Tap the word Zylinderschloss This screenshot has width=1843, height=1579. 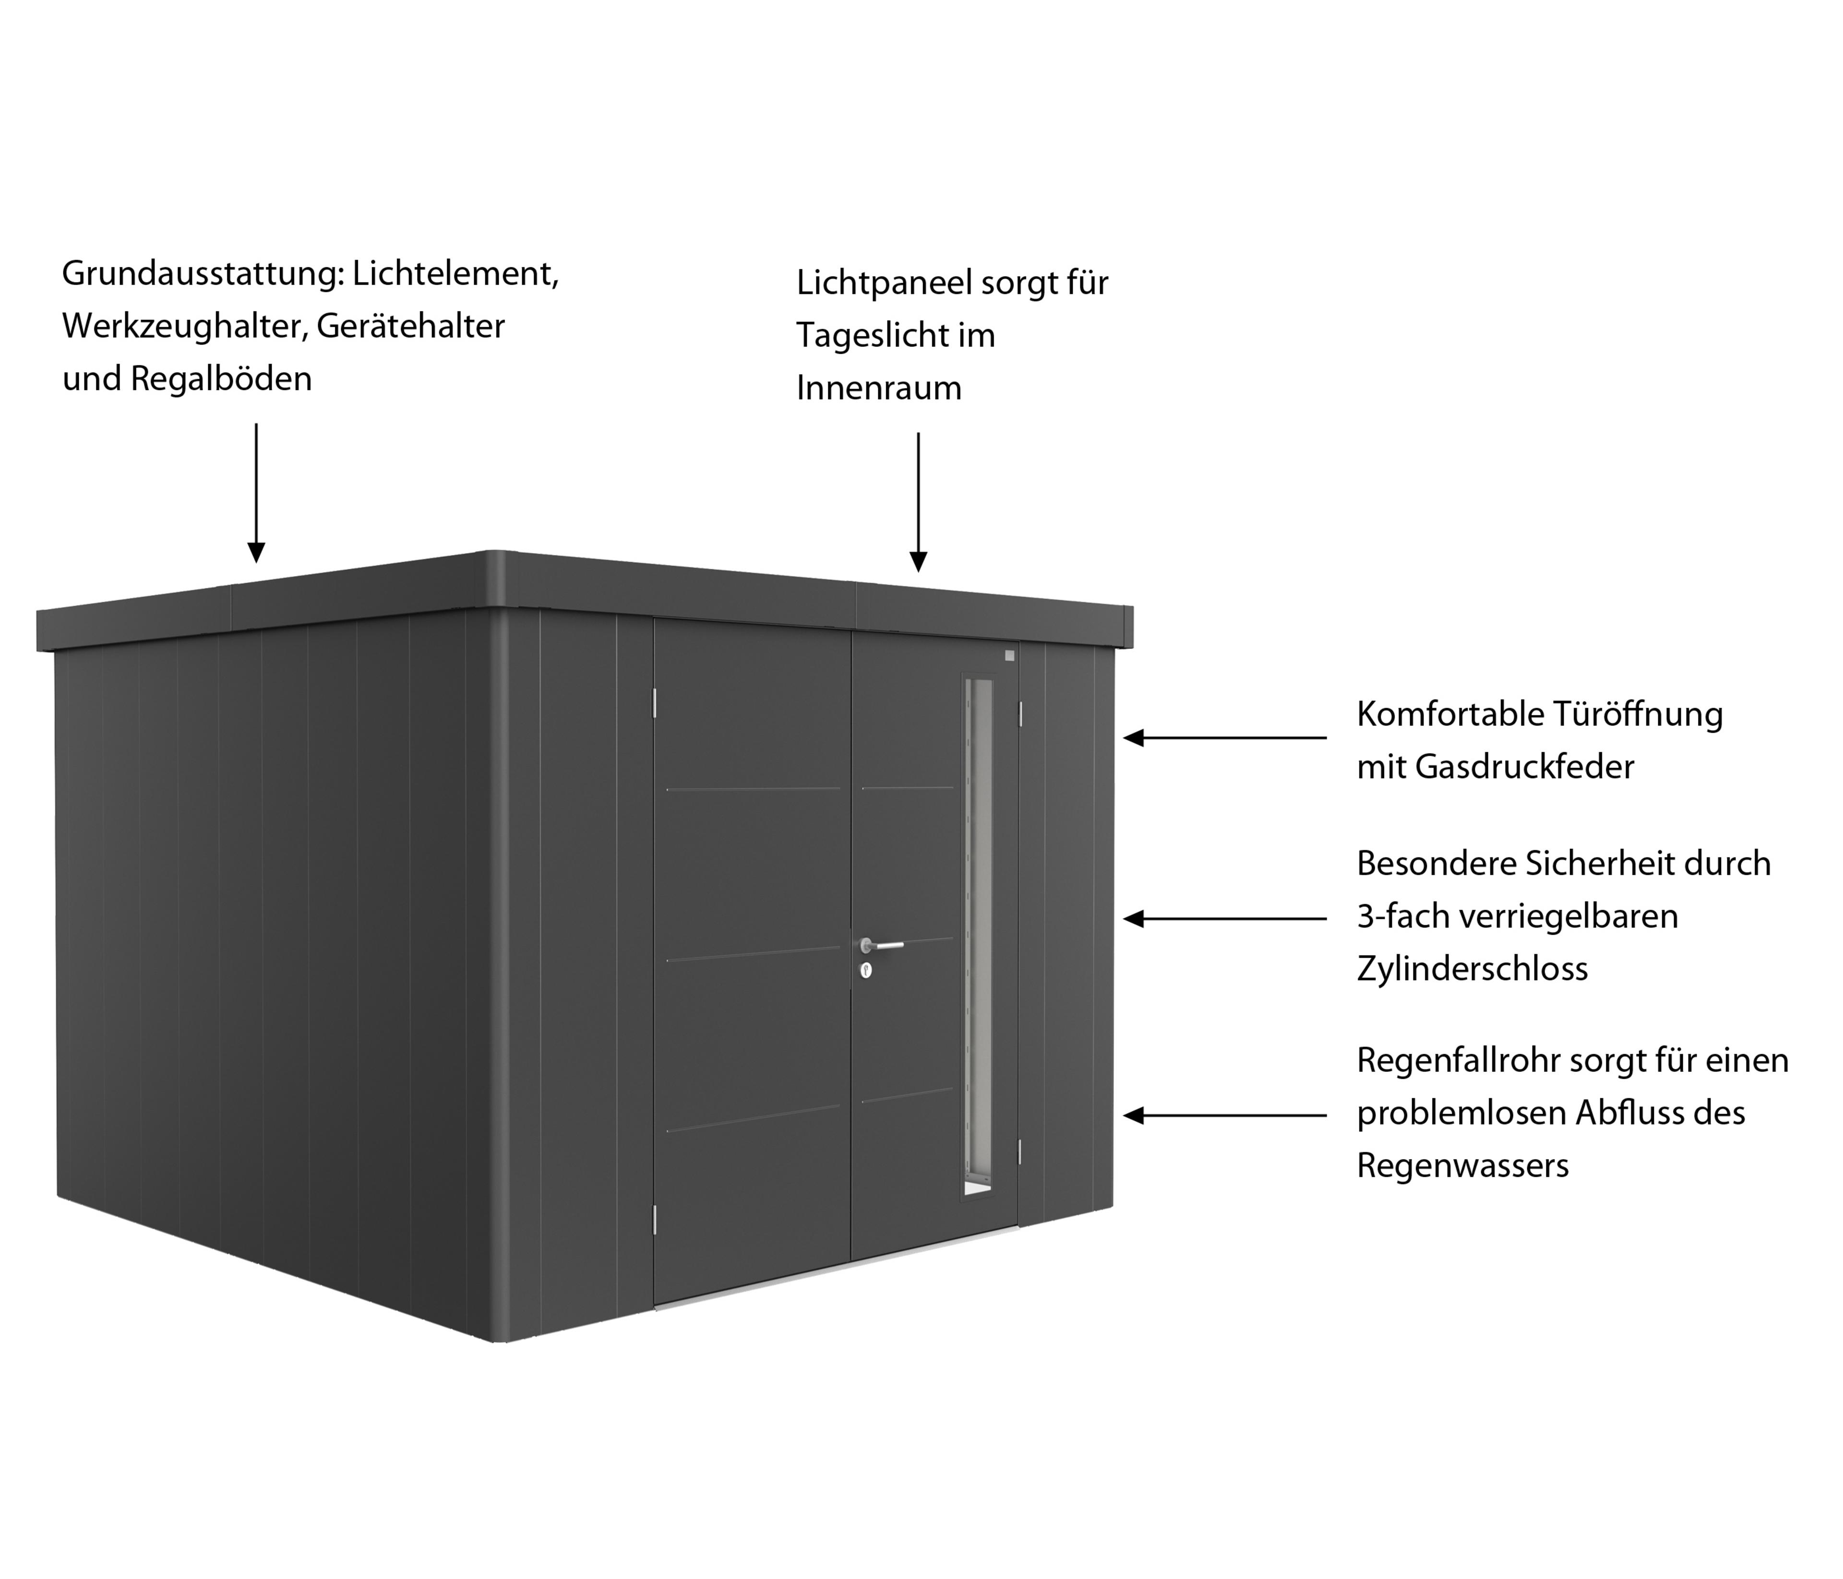tap(1472, 969)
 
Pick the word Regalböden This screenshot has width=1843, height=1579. tap(221, 380)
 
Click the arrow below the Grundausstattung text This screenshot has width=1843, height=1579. tap(256, 493)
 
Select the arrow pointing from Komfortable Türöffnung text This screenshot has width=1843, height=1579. tap(1225, 738)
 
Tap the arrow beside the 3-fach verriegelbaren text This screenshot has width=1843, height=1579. tap(1225, 919)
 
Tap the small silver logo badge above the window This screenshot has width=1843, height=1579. tap(1009, 656)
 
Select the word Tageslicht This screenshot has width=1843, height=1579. tap(871, 336)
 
